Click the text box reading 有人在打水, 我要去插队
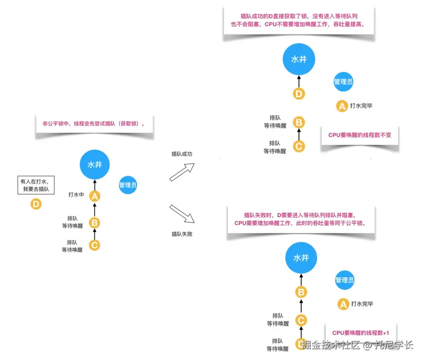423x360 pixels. pyautogui.click(x=36, y=185)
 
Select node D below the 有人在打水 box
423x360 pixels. pyautogui.click(x=36, y=204)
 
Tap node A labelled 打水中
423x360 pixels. pyautogui.click(x=95, y=196)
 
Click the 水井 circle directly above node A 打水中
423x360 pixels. pyautogui.click(x=95, y=165)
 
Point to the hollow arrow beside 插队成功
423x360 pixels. pyautogui.click(x=182, y=172)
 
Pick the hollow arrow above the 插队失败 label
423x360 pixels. pyautogui.click(x=182, y=214)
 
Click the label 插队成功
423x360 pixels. pyautogui.click(x=182, y=154)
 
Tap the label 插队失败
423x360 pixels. pyautogui.click(x=182, y=234)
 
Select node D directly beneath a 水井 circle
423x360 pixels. pyautogui.click(x=299, y=94)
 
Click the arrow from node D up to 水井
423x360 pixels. pyautogui.click(x=299, y=81)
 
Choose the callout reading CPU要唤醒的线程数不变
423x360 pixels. pyautogui.click(x=360, y=135)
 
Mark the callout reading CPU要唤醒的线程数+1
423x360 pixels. pyautogui.click(x=361, y=333)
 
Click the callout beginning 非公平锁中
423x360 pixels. pyautogui.click(x=94, y=124)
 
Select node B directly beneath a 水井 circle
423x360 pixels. pyautogui.click(x=301, y=292)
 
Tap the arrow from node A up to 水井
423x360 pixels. pyautogui.click(x=95, y=185)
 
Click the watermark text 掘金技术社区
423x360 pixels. pyautogui.click(x=331, y=345)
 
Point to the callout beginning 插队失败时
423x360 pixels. pyautogui.click(x=301, y=219)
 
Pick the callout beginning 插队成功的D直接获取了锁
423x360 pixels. pyautogui.click(x=298, y=20)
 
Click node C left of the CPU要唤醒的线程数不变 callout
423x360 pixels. pyautogui.click(x=299, y=147)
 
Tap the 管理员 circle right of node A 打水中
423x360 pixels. pyautogui.click(x=128, y=185)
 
